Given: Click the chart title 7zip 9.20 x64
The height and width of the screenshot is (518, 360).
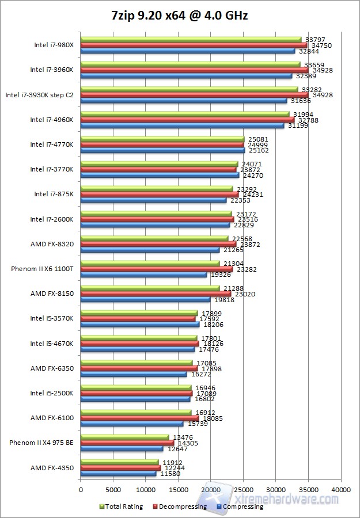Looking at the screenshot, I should [180, 16].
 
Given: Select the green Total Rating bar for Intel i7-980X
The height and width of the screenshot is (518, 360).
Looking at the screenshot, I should [190, 40].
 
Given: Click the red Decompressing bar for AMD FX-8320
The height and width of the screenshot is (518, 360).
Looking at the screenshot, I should [158, 244].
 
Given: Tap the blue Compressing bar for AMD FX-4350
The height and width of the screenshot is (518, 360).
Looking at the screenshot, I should [118, 473].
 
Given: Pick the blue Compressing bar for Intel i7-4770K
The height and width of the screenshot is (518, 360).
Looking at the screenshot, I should [162, 150].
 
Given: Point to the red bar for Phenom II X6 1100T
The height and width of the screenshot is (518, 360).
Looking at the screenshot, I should [157, 269].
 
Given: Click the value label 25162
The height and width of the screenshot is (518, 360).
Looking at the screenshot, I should [257, 150].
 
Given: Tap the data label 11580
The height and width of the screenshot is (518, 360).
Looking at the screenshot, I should [169, 473].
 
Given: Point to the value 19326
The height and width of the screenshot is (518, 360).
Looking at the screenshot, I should [219, 275].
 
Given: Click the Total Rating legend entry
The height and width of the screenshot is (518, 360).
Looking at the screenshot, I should [123, 506].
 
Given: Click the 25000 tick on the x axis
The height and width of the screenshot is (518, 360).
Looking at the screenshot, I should [243, 490].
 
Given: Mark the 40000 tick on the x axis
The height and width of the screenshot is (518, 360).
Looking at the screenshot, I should [341, 490].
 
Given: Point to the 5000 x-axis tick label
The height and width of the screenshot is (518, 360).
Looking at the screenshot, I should [113, 490].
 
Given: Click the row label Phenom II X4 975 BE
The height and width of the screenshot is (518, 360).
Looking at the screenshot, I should [41, 443].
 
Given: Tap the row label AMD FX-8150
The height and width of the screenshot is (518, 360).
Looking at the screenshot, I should [52, 294].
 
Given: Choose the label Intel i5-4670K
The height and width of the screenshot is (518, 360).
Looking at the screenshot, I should [52, 344].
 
